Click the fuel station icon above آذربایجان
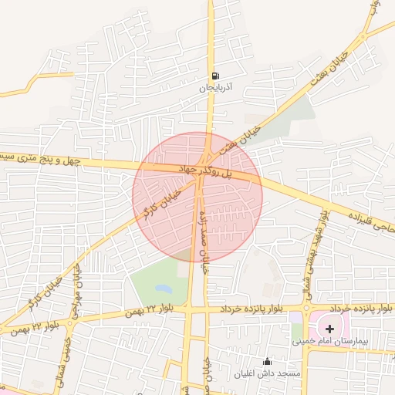[215, 76]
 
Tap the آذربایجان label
[216, 89]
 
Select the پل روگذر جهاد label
[205, 171]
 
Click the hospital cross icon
[330, 328]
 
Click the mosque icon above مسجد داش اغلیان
[267, 361]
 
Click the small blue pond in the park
[163, 289]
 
